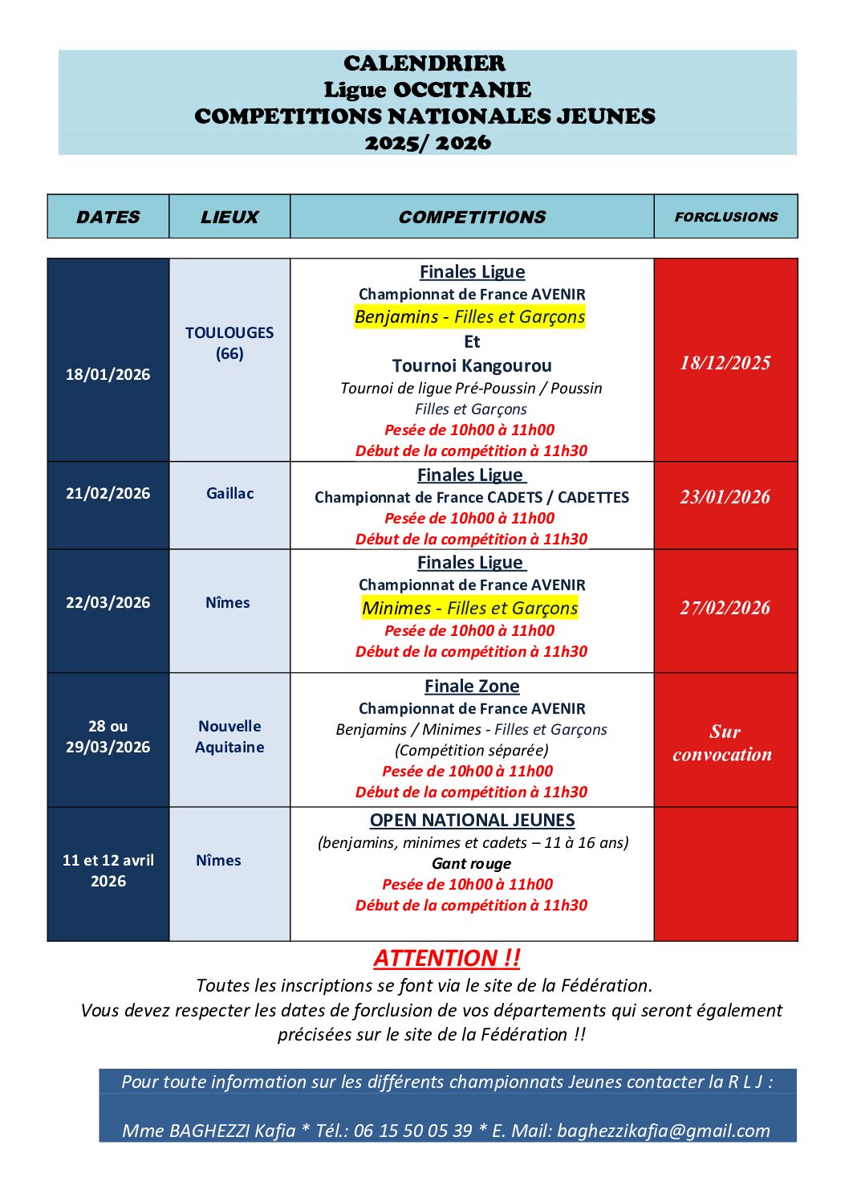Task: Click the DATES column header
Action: (x=108, y=217)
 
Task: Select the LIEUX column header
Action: (x=230, y=217)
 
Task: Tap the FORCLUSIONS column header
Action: (x=725, y=217)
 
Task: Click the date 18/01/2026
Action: (x=108, y=374)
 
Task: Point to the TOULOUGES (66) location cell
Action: (x=230, y=343)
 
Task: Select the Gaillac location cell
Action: (x=230, y=493)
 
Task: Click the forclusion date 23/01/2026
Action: (x=725, y=497)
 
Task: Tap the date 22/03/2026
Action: (x=108, y=602)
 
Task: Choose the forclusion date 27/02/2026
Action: (x=725, y=608)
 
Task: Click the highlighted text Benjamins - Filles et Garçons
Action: (x=470, y=317)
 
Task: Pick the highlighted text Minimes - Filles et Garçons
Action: (x=470, y=608)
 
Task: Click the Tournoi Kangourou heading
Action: (x=472, y=365)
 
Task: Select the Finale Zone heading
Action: (x=472, y=687)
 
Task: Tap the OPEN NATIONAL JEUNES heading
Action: (x=472, y=820)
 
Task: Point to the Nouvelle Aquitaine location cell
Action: (x=230, y=736)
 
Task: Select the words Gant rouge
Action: (x=471, y=863)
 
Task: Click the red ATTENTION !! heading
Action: (x=447, y=958)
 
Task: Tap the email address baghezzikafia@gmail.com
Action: (x=664, y=1131)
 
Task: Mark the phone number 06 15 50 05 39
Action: (x=412, y=1131)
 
